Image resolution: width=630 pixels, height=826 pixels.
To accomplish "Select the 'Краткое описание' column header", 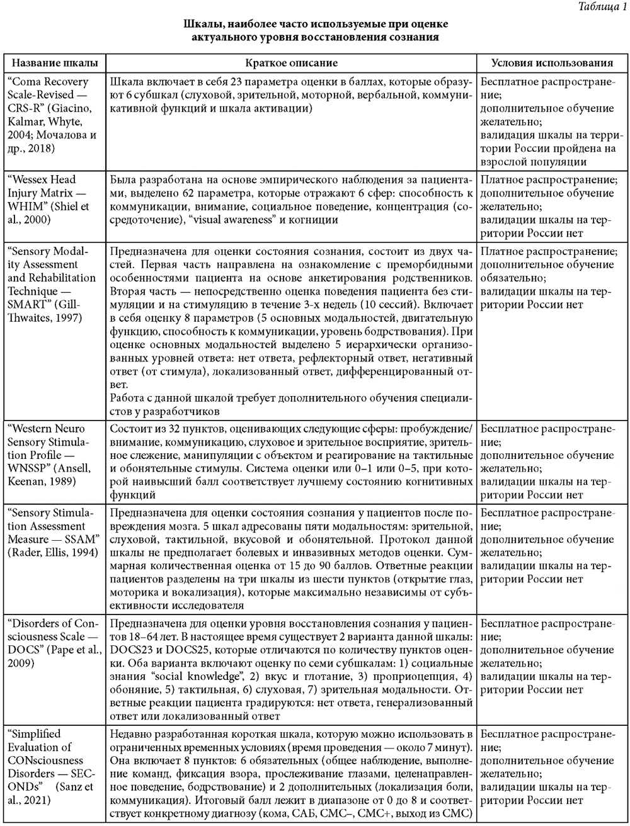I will (x=291, y=64).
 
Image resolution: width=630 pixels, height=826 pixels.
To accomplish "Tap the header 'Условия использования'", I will (x=553, y=64).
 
